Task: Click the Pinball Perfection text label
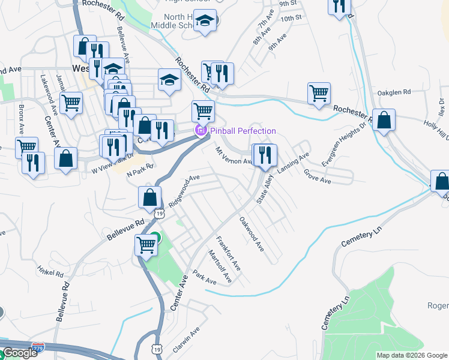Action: [243, 131]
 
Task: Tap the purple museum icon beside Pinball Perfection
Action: [200, 131]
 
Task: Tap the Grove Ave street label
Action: [318, 176]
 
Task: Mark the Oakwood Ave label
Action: [252, 234]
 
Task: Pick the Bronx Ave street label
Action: [21, 119]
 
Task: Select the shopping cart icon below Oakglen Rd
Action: [319, 94]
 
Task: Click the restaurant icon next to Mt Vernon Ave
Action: [264, 155]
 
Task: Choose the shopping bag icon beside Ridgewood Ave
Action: [149, 197]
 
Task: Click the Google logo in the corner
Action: [20, 353]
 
